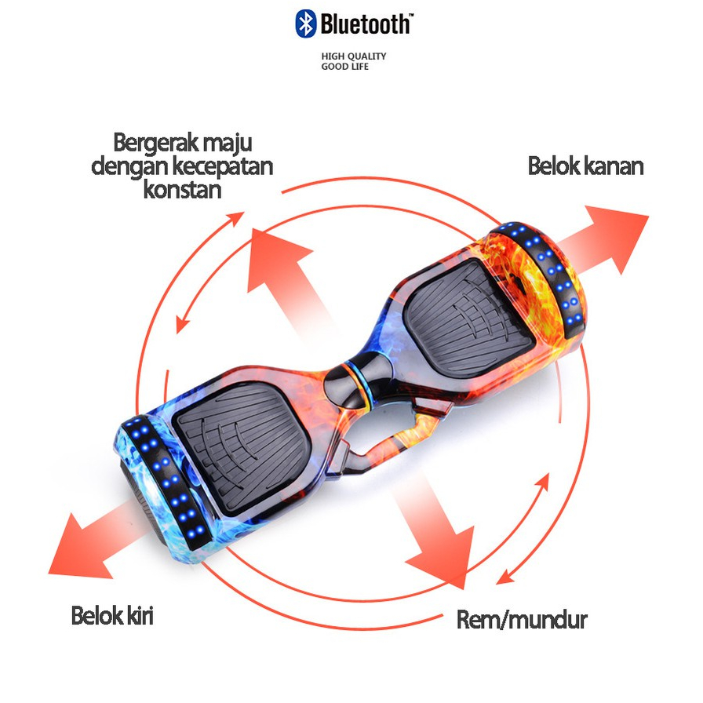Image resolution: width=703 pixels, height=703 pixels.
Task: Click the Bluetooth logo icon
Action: point(305,24)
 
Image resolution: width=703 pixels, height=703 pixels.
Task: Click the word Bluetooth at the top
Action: point(365,24)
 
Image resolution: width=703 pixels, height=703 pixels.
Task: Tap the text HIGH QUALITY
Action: point(354,56)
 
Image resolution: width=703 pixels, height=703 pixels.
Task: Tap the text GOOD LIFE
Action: point(344,67)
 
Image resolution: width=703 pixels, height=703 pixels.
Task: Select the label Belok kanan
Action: point(585,166)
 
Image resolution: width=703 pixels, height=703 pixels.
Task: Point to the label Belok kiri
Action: point(112,615)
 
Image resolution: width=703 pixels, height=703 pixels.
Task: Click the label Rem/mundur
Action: point(522,620)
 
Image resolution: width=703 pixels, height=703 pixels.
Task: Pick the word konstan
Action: point(182,189)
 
